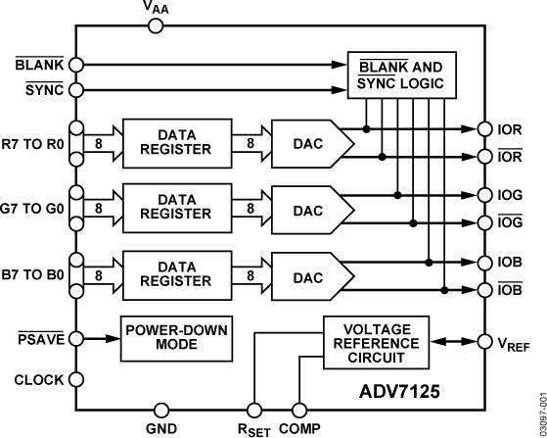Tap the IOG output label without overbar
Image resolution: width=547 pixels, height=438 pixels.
coord(511,195)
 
